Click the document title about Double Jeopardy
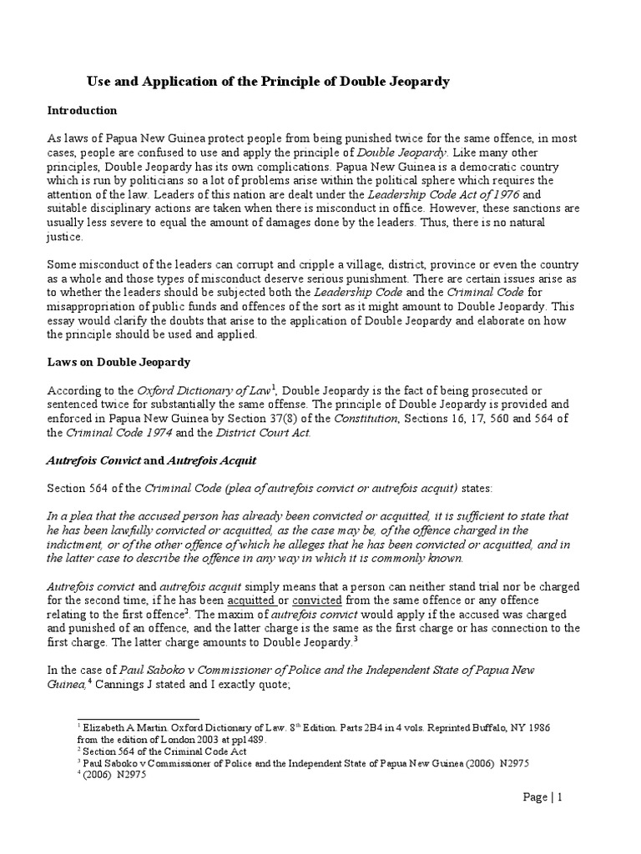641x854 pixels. coord(269,81)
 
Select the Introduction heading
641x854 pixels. coord(82,110)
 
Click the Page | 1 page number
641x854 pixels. coord(543,797)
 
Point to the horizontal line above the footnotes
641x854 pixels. coord(138,718)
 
